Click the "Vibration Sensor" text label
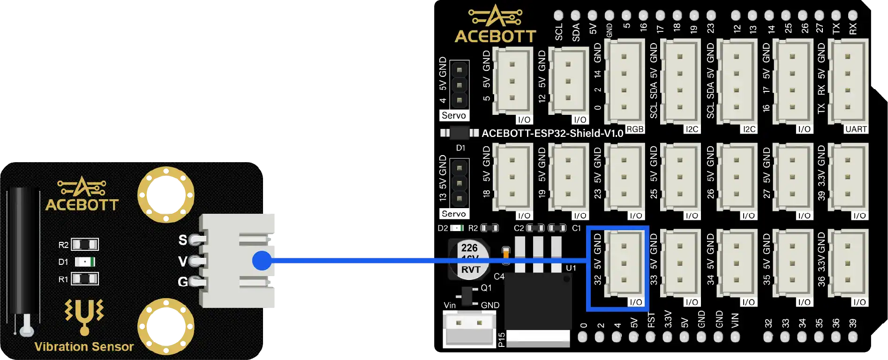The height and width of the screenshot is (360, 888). pyautogui.click(x=84, y=347)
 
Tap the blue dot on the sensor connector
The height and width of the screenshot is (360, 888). pyautogui.click(x=262, y=261)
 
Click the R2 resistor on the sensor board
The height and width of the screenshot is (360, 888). pyautogui.click(x=85, y=244)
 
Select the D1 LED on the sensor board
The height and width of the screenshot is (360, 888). pyautogui.click(x=85, y=262)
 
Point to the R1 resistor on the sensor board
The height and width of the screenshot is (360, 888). pyautogui.click(x=85, y=279)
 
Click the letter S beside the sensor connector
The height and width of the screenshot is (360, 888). pyautogui.click(x=183, y=240)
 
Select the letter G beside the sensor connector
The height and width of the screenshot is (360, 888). pyautogui.click(x=183, y=282)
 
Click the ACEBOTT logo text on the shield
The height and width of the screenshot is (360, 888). pyautogui.click(x=495, y=37)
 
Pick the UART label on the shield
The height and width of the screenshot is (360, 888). pyautogui.click(x=856, y=129)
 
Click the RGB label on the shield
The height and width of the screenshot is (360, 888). pyautogui.click(x=635, y=129)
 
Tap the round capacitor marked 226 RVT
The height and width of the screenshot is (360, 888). pyautogui.click(x=470, y=259)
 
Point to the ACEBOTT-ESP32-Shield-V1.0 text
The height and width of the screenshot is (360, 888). pyautogui.click(x=552, y=134)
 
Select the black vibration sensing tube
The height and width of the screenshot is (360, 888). pyautogui.click(x=23, y=253)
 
